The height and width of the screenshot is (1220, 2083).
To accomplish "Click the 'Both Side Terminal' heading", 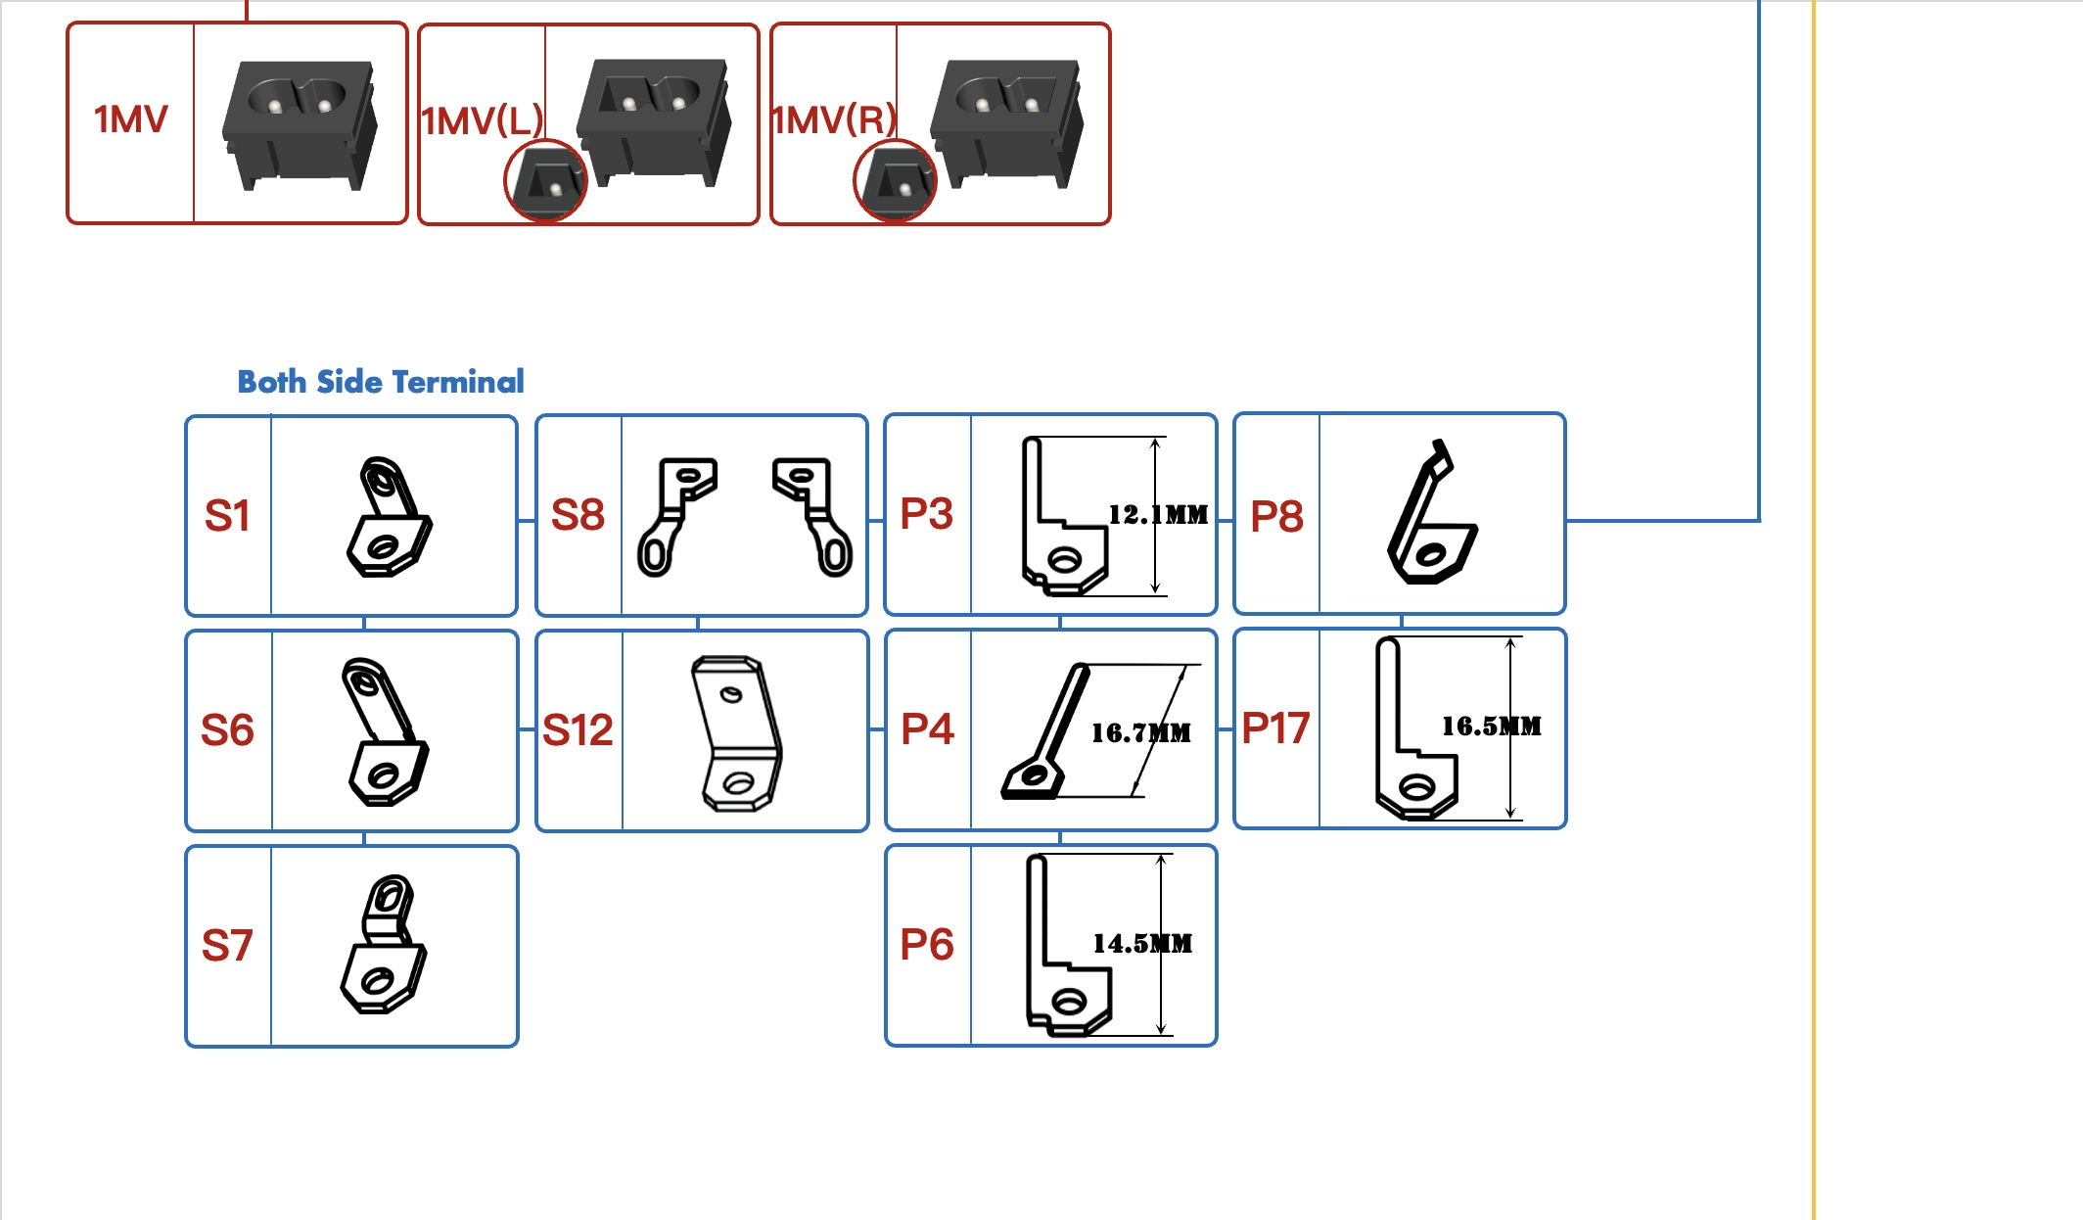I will coord(381,382).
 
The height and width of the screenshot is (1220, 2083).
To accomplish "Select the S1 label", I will coord(227,516).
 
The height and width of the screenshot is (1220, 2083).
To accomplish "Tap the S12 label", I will coord(578,730).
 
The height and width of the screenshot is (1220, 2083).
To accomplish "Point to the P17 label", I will coord(1275,728).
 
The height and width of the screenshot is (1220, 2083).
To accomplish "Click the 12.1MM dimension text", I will coord(1158,515).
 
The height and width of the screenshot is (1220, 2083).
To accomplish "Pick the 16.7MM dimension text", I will coord(1141,732).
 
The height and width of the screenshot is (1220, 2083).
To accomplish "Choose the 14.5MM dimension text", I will coord(1142,944).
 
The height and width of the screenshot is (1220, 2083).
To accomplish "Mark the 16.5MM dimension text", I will coord(1491,727).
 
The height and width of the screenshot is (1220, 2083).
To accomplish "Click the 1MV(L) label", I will coord(482,121).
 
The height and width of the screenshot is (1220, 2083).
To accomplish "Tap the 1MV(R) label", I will coord(834,120).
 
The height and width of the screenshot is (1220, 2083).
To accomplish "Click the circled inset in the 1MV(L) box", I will coord(545,181).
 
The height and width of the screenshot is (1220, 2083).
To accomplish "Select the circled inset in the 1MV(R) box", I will coord(895,181).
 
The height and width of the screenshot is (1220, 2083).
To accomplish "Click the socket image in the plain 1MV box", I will coord(300,123).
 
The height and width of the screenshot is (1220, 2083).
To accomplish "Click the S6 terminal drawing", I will coord(385,731).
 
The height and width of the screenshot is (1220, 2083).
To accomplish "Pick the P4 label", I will coord(927,729).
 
